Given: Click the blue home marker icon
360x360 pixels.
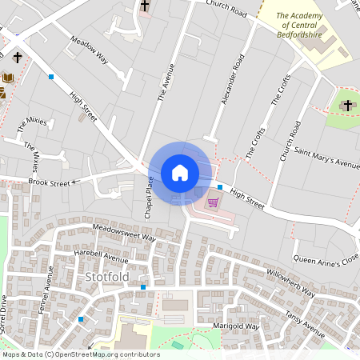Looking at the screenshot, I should point(180,173).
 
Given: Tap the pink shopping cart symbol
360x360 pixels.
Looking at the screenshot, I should point(213,202).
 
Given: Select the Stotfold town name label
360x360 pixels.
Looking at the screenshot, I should point(106,278).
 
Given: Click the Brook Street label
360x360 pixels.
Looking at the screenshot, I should point(50,182).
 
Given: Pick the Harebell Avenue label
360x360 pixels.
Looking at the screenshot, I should point(101,256).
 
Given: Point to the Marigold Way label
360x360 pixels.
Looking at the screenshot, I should point(237,326).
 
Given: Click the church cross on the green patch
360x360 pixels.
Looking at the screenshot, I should point(347,106).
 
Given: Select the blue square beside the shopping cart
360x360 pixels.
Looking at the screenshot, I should point(220,186).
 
